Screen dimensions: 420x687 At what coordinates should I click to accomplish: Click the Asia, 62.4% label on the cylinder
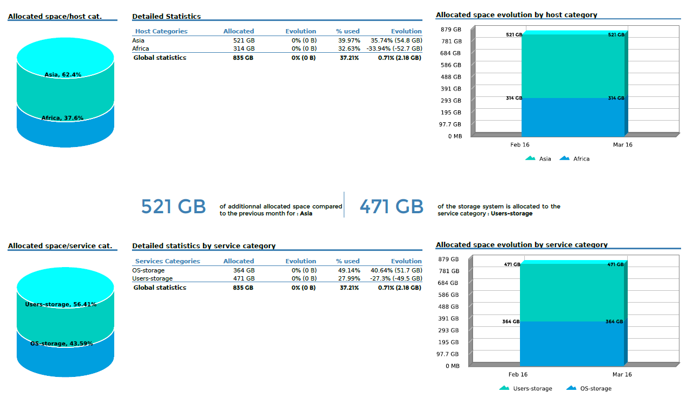[63, 75]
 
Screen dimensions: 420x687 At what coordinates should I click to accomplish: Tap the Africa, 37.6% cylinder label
[63, 118]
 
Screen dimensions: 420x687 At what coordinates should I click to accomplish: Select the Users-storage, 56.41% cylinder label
[61, 305]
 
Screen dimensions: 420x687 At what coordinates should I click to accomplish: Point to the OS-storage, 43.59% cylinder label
[61, 344]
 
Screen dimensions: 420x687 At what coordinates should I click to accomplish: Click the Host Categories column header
[161, 31]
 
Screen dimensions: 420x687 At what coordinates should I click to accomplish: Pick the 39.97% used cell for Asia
[349, 40]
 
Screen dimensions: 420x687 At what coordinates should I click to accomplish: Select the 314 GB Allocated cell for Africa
[244, 48]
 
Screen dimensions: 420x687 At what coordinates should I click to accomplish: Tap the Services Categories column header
[168, 261]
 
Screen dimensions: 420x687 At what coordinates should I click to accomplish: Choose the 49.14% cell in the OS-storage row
[349, 270]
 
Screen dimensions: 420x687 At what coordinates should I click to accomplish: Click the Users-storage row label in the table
[152, 278]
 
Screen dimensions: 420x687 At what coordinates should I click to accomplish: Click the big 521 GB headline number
[174, 207]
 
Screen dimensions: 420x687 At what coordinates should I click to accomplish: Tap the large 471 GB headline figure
[392, 207]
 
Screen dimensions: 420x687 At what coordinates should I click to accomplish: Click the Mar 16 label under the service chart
[622, 375]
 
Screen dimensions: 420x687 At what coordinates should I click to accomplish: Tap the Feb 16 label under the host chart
[520, 145]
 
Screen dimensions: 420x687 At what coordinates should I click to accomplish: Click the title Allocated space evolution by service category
[522, 245]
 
